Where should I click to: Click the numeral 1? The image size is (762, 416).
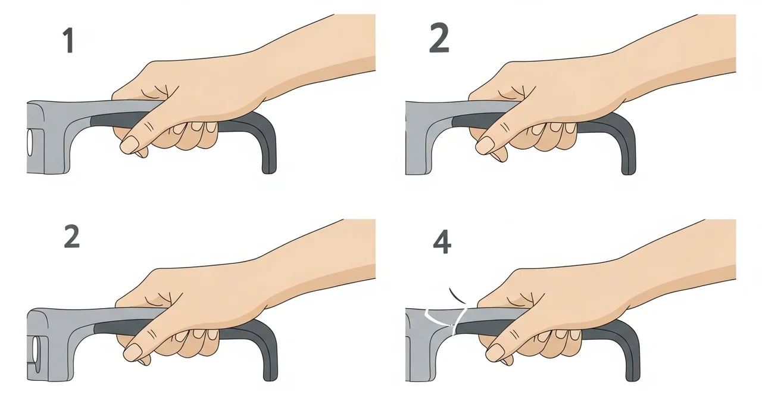tap(69, 41)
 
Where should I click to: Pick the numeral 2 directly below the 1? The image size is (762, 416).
tap(72, 236)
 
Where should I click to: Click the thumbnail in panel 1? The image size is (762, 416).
tap(130, 144)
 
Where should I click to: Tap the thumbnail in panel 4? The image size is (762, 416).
tap(495, 352)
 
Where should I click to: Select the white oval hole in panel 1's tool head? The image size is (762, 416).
tap(30, 142)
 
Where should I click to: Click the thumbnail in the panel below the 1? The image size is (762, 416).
tap(133, 351)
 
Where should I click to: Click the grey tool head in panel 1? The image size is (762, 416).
tap(51, 136)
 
